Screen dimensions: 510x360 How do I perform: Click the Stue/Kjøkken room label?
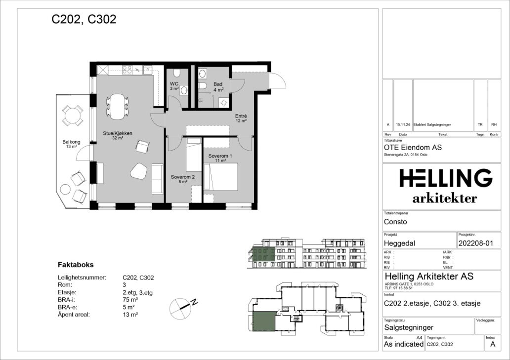tap(118, 133)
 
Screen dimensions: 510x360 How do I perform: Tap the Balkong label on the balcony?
tap(71, 142)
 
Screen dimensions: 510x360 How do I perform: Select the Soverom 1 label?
tap(220, 156)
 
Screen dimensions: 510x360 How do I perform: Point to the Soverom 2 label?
tap(183, 177)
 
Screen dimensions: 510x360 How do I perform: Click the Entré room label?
tap(241, 116)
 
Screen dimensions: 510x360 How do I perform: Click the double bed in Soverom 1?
tap(220, 177)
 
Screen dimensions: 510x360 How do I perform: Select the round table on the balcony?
tap(73, 116)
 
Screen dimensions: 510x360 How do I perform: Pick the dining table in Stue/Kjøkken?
tap(117, 106)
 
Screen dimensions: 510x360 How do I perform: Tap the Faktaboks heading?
tap(76, 265)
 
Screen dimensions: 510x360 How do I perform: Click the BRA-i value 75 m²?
tap(130, 300)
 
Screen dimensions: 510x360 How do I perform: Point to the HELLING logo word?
tap(446, 178)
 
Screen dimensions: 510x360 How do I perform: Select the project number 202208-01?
tap(475, 243)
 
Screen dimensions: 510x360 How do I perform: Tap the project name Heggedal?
tap(399, 243)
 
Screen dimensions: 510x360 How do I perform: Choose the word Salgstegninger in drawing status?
tap(409, 327)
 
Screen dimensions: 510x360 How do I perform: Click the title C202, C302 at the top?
tap(84, 19)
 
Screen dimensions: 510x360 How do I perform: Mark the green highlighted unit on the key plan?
tap(264, 321)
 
